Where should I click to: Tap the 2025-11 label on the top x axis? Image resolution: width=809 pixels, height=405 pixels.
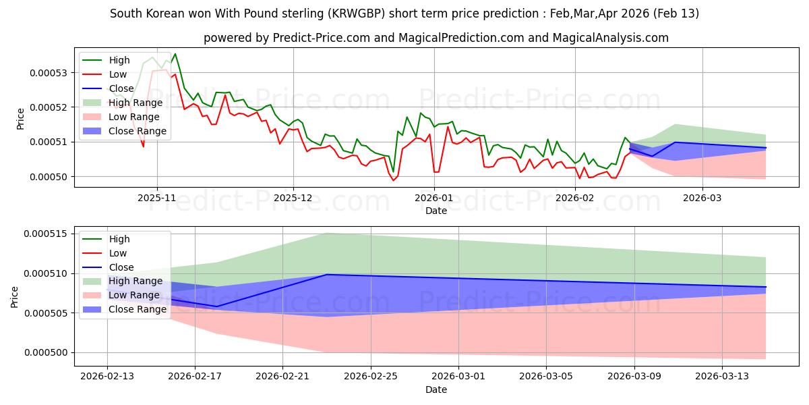click(x=157, y=198)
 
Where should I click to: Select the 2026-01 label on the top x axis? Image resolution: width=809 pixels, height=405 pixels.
click(x=433, y=198)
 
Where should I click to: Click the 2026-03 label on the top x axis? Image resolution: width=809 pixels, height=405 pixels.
click(x=702, y=198)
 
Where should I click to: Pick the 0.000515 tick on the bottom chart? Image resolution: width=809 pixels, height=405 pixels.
click(x=46, y=234)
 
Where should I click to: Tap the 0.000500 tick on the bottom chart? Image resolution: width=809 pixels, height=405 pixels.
click(x=46, y=352)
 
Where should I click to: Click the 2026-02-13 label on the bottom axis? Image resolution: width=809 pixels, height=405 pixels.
click(x=107, y=377)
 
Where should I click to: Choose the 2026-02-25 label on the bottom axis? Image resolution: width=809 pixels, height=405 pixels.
click(x=371, y=377)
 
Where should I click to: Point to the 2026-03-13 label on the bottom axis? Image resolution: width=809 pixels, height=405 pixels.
click(x=722, y=377)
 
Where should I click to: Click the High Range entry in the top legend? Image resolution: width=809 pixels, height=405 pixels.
click(x=136, y=103)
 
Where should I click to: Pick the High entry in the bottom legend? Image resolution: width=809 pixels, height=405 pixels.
click(x=119, y=239)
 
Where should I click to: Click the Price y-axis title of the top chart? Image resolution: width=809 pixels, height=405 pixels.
click(x=20, y=119)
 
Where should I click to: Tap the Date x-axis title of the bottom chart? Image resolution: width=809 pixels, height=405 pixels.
click(x=436, y=389)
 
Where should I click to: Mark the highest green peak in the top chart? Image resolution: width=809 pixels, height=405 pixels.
click(x=175, y=54)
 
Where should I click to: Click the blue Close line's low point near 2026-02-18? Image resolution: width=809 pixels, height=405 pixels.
click(x=217, y=306)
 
